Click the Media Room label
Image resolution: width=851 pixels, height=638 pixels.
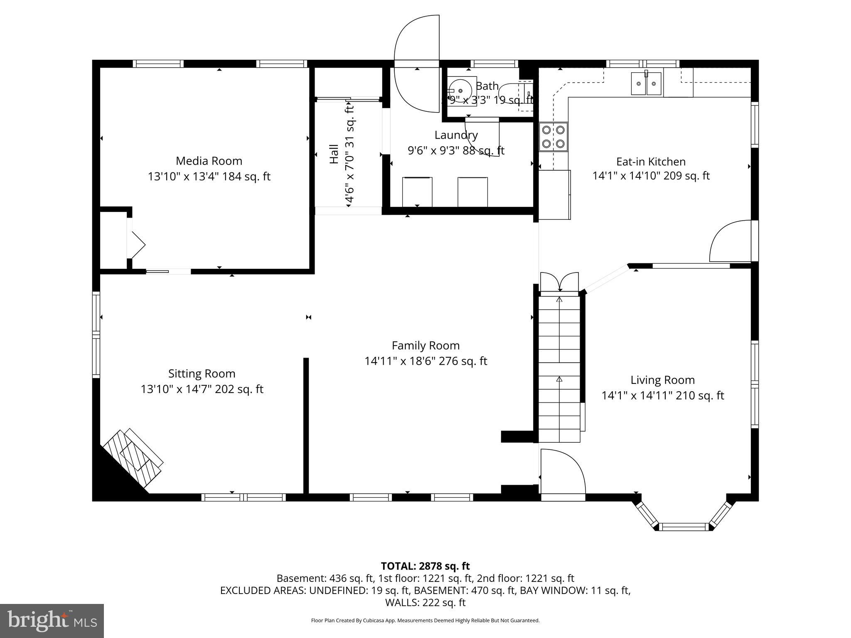click(x=209, y=161)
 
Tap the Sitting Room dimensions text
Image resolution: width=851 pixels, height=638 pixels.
click(x=202, y=389)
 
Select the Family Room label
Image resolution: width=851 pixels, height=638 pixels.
click(x=425, y=346)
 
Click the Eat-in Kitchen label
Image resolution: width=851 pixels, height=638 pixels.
click(x=651, y=162)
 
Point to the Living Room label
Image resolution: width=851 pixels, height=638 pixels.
click(x=662, y=380)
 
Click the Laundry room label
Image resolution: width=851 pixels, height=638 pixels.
click(x=456, y=135)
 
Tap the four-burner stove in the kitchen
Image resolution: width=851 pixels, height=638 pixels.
click(x=553, y=137)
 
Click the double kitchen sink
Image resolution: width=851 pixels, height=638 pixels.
click(x=646, y=83)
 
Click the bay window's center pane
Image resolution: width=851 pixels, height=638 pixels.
click(x=684, y=527)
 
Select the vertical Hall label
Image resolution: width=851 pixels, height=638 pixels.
click(x=334, y=154)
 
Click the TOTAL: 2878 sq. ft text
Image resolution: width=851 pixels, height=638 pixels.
click(x=425, y=566)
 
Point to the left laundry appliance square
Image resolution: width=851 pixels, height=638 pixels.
click(x=417, y=191)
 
